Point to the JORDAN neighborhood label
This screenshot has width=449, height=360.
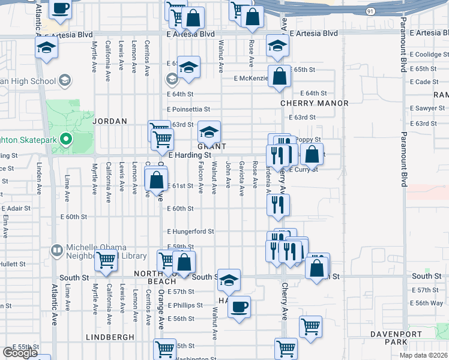[x=110, y=121]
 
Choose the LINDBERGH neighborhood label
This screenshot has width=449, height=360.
[x=110, y=337]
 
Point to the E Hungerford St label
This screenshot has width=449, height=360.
[x=190, y=231]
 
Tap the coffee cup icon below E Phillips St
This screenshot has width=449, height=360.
[x=240, y=307]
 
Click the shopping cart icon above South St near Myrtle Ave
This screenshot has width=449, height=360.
[x=106, y=260]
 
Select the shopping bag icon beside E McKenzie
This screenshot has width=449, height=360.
[x=279, y=76]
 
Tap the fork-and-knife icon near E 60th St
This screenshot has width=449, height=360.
[x=279, y=204]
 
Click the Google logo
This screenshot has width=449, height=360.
[x=19, y=353]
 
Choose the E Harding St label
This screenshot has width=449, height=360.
[x=190, y=155]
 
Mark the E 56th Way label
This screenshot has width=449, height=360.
[x=427, y=303]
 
